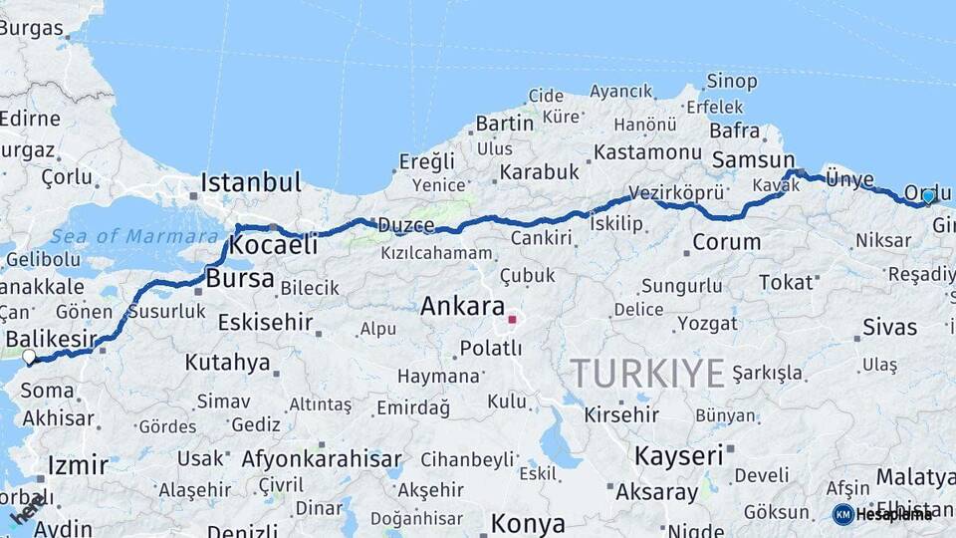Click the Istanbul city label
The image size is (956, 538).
click(250, 182)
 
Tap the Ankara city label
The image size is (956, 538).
click(462, 306)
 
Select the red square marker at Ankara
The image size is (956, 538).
click(512, 320)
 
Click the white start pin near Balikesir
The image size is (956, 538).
click(29, 357)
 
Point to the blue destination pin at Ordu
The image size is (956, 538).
click(928, 196)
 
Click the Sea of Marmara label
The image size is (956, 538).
click(134, 236)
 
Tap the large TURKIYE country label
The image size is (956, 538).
click(647, 374)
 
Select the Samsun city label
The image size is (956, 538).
click(753, 159)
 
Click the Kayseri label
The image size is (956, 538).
click(678, 456)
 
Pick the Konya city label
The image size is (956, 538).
click(528, 523)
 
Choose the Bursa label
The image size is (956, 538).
click(239, 278)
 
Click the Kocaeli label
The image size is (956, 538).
click(274, 245)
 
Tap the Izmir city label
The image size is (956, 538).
click(78, 464)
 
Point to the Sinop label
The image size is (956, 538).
click(732, 81)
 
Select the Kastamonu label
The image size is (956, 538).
click(647, 152)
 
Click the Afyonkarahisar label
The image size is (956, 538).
click(321, 459)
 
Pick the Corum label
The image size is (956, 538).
click(726, 241)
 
